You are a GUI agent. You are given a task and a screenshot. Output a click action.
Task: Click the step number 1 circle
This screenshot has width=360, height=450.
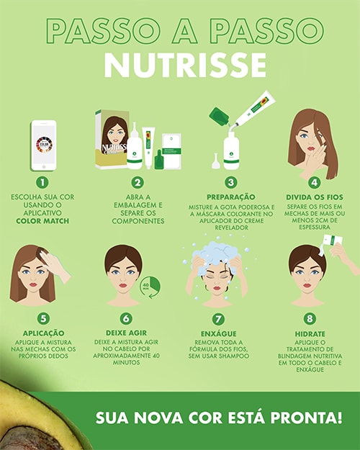point(42,183)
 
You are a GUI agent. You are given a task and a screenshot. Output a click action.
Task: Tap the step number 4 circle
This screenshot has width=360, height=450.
point(315,183)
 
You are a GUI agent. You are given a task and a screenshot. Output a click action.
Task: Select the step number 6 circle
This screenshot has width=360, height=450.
point(126,318)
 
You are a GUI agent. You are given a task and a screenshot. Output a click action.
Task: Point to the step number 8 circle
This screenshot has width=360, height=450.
point(310,318)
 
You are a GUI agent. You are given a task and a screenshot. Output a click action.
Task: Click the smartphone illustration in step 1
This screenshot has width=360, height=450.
point(44,145)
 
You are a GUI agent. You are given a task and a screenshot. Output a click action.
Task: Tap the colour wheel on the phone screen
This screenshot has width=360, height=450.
point(44,144)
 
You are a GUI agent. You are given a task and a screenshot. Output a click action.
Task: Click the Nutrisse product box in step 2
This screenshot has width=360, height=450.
point(112,139)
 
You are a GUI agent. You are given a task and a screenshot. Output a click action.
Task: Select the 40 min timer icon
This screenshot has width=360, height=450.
point(150,287)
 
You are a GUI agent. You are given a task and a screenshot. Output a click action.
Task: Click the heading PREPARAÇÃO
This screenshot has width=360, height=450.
point(231,197)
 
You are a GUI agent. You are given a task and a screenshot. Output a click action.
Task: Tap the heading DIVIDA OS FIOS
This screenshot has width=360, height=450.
point(315,197)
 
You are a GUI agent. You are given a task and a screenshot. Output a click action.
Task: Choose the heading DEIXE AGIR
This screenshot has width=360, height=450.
point(126,333)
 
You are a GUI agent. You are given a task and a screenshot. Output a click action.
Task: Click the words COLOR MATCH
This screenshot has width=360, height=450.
point(42,221)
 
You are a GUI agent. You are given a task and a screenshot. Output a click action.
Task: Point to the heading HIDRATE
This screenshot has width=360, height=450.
point(310,334)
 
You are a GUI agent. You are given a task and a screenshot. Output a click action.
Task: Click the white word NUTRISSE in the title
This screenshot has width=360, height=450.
point(186,65)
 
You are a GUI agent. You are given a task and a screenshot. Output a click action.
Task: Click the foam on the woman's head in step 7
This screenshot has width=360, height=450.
point(214,256)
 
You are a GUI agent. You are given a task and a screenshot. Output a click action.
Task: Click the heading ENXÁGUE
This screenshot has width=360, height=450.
point(219,334)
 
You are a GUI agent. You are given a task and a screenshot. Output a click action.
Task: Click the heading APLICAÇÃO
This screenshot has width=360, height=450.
point(44,333)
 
